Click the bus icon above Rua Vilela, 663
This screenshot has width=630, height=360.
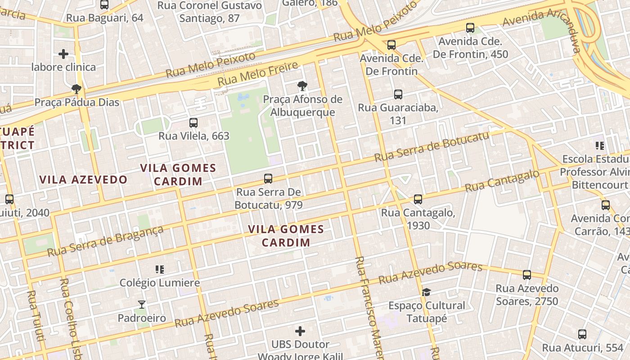click(x=193, y=122)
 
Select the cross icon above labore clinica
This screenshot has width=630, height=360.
click(x=63, y=54)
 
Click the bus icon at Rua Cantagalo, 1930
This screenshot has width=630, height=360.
click(x=418, y=199)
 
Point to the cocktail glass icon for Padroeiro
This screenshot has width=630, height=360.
click(x=142, y=305)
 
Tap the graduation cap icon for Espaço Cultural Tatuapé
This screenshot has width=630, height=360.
click(x=427, y=292)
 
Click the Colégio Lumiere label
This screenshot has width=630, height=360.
click(x=159, y=283)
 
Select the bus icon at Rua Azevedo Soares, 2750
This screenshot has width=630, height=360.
click(x=527, y=274)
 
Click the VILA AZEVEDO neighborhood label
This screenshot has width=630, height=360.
click(x=83, y=180)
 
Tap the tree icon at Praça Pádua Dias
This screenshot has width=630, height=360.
click(x=76, y=89)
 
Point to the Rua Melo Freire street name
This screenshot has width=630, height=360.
click(x=258, y=74)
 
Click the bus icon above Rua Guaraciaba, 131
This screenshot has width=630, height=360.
click(x=398, y=94)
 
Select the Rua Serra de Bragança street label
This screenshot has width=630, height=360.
click(x=105, y=242)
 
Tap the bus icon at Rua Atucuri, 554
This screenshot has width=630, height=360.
click(x=582, y=334)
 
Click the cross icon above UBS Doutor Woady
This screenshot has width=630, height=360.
click(x=300, y=332)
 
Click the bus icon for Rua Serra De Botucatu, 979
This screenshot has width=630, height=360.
click(x=268, y=179)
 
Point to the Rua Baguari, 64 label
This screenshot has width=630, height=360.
click(x=104, y=18)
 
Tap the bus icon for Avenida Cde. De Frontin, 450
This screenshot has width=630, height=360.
click(x=470, y=28)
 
